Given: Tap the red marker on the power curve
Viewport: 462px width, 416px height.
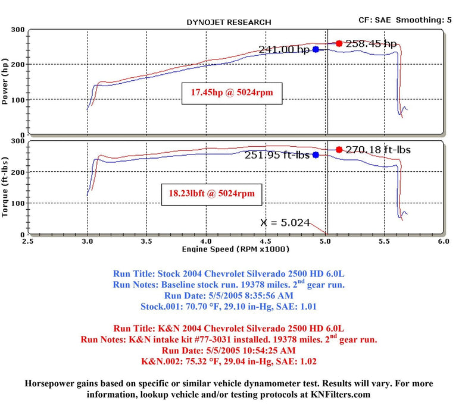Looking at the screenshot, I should pos(339,43).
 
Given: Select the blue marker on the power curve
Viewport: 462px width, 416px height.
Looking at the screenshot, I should pos(316,49).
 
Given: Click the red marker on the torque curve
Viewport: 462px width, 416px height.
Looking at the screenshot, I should pos(339,150).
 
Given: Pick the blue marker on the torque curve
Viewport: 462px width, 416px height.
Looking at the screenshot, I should pos(316,155).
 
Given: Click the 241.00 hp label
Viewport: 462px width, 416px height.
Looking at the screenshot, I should pos(284,50).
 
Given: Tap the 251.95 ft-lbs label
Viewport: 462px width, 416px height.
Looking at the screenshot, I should pos(277,155).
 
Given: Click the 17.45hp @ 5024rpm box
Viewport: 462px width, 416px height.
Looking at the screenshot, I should pos(231,92).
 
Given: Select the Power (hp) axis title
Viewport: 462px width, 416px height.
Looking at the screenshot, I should pos(6,83).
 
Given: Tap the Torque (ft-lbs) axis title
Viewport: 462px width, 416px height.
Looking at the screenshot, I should pos(6,187).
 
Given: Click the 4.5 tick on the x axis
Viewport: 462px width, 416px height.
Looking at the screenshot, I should pos(266,242).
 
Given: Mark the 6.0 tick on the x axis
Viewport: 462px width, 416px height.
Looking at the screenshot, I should pos(442,242).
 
